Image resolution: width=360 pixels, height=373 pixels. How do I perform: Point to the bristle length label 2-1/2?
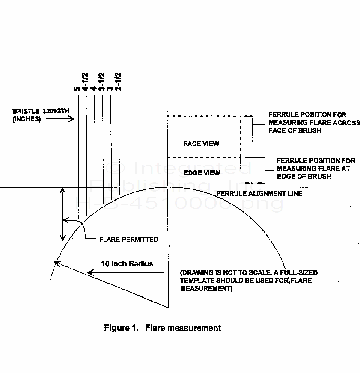coord(118,83)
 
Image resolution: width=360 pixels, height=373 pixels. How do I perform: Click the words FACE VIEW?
coord(201,144)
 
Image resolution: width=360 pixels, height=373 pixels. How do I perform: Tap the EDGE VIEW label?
coord(201,173)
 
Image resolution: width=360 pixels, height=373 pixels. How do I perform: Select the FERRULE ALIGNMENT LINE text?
coord(259,193)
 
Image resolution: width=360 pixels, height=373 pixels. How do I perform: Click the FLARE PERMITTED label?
coord(128,239)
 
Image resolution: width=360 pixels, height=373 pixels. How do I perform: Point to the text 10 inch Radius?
coord(127,263)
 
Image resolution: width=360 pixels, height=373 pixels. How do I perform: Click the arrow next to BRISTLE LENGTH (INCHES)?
coord(60,119)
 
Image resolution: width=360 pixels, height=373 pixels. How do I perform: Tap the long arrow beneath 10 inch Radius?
coord(126,272)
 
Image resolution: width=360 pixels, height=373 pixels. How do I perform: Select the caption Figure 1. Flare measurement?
coord(163,328)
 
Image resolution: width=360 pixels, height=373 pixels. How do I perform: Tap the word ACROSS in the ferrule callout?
coord(332,123)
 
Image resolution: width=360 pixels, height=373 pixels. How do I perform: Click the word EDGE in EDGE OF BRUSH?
coord(286,176)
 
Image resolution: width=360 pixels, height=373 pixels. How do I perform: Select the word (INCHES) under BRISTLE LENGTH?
coord(27,119)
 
